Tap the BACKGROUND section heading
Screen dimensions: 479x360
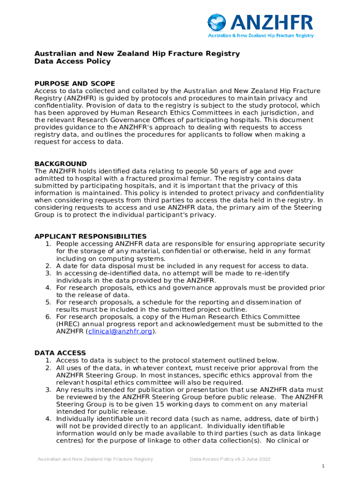point(61,164)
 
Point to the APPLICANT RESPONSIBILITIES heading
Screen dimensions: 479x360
point(91,236)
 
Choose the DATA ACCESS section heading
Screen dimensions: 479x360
point(60,353)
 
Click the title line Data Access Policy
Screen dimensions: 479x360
point(72,61)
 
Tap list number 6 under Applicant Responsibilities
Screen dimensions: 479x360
point(48,317)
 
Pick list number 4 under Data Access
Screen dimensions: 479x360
point(48,418)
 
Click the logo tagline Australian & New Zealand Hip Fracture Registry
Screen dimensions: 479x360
point(261,36)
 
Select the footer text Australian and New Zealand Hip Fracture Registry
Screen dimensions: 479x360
point(95,459)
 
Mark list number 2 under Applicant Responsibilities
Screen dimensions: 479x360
point(48,266)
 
